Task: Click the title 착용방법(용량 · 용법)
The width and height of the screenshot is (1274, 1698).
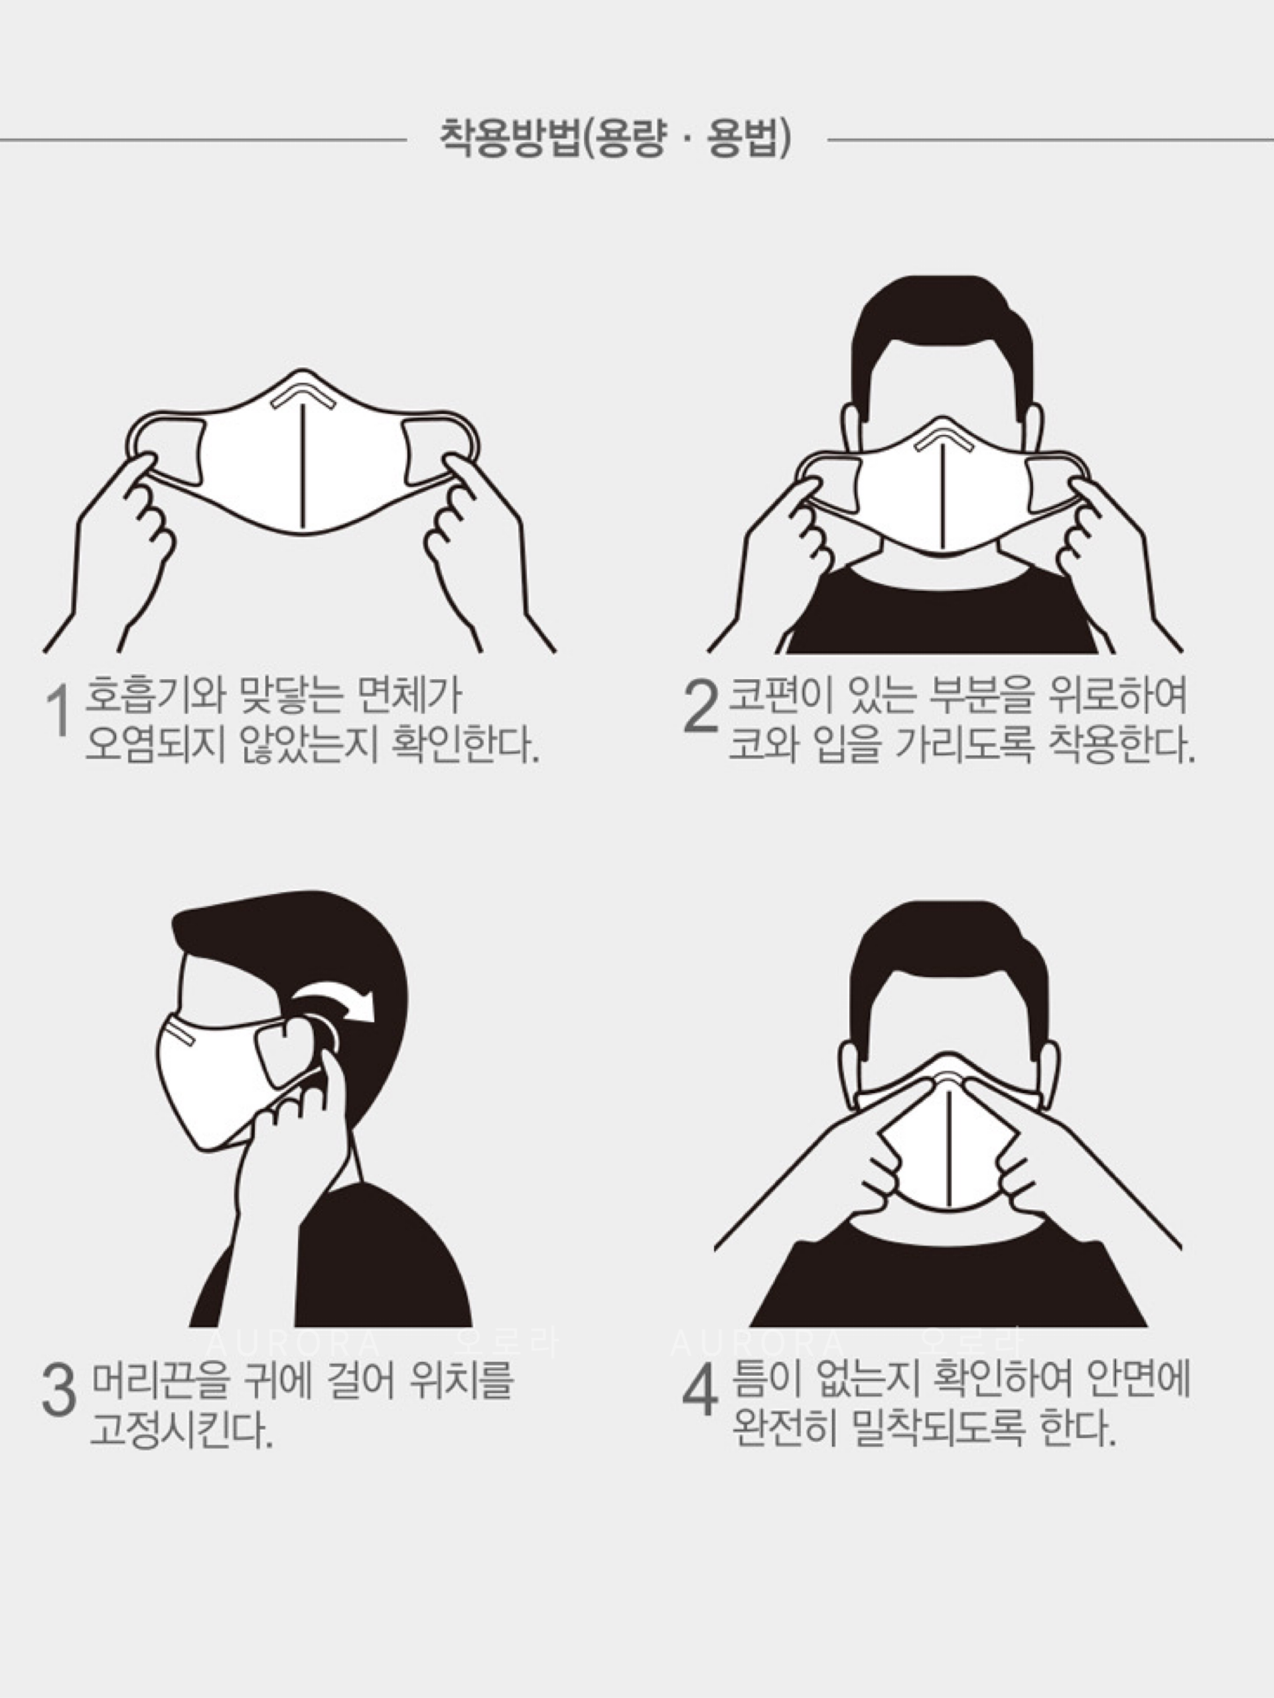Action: [x=615, y=139]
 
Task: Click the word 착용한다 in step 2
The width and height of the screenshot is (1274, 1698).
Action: [x=1122, y=743]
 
